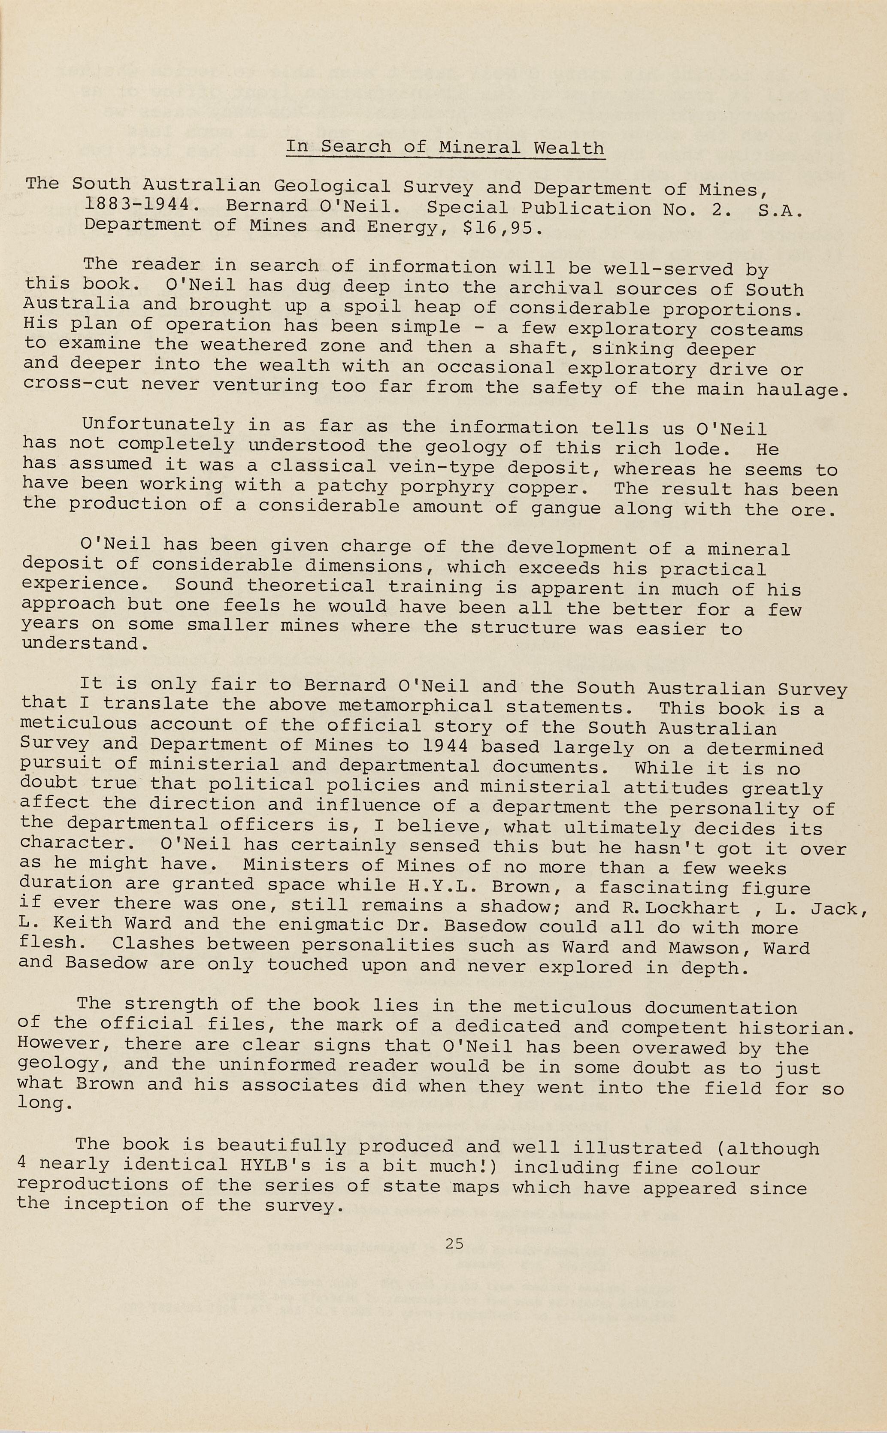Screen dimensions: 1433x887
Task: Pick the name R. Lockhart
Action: click(x=681, y=908)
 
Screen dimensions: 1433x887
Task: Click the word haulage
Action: click(x=802, y=390)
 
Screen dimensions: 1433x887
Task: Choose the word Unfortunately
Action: click(x=158, y=424)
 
